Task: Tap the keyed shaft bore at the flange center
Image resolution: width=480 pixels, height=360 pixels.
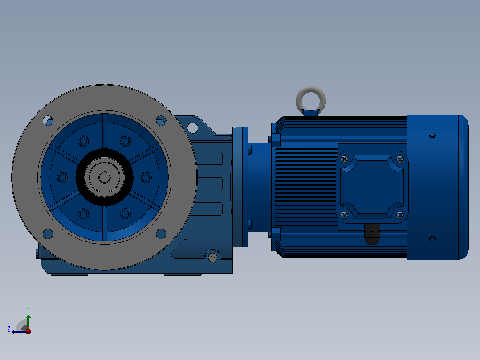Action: click(104, 177)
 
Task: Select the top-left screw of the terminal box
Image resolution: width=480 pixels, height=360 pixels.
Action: click(344, 159)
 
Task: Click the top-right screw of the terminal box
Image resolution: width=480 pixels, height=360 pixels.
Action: click(400, 159)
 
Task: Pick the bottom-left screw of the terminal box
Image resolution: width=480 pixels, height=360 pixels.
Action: click(344, 215)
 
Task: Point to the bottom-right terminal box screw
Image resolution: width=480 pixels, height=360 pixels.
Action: click(400, 215)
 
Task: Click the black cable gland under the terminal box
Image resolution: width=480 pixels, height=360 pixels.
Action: click(372, 234)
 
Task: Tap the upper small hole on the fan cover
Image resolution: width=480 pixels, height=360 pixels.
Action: click(432, 135)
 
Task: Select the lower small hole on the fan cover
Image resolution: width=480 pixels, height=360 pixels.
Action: click(432, 238)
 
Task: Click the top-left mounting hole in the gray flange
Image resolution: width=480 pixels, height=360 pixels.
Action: click(48, 121)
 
